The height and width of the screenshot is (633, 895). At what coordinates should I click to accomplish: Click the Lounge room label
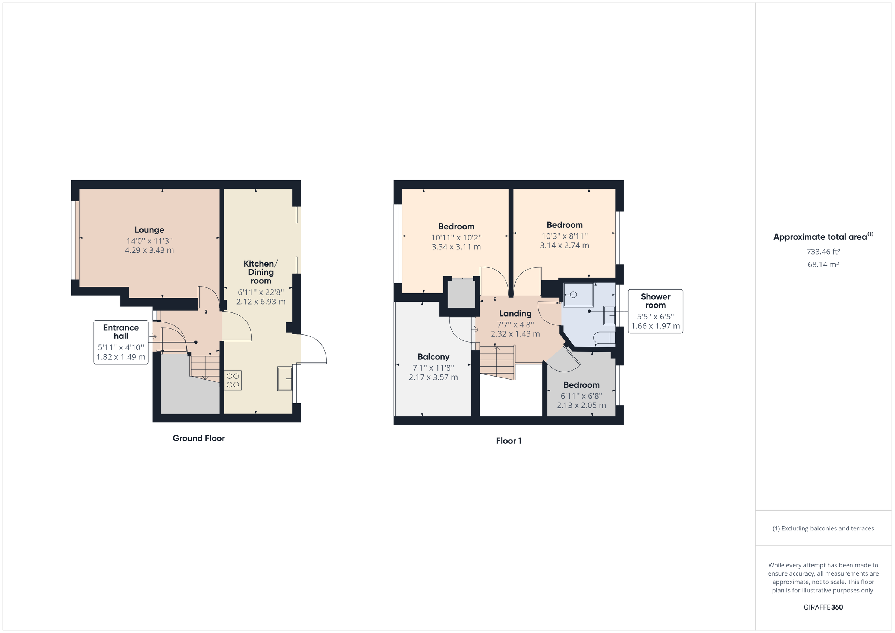[149, 230]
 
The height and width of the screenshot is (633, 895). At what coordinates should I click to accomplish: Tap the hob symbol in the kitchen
[233, 380]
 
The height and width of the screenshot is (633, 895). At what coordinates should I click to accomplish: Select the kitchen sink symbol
[285, 378]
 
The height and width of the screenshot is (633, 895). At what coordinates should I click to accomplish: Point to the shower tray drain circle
[573, 295]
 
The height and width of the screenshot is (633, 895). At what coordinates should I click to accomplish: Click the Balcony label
[433, 357]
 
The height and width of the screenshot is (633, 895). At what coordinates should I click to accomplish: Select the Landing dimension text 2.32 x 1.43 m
[515, 334]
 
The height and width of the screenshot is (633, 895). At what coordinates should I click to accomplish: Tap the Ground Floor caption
[198, 438]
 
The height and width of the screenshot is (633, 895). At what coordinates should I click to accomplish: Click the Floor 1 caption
[508, 441]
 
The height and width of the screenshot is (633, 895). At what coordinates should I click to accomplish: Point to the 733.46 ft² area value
[823, 252]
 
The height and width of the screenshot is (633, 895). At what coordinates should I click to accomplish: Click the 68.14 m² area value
[823, 264]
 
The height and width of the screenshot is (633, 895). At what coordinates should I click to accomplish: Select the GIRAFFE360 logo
[823, 607]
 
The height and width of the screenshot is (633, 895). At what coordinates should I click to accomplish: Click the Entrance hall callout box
[121, 342]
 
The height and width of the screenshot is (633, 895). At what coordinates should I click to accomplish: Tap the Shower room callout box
[655, 311]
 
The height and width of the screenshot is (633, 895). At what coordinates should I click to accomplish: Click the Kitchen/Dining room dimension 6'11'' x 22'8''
[261, 292]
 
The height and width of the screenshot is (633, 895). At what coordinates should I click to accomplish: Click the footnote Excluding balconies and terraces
[823, 529]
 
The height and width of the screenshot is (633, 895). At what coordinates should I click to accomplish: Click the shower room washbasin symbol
[609, 315]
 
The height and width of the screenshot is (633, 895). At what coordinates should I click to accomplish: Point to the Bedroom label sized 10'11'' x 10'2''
[456, 226]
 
